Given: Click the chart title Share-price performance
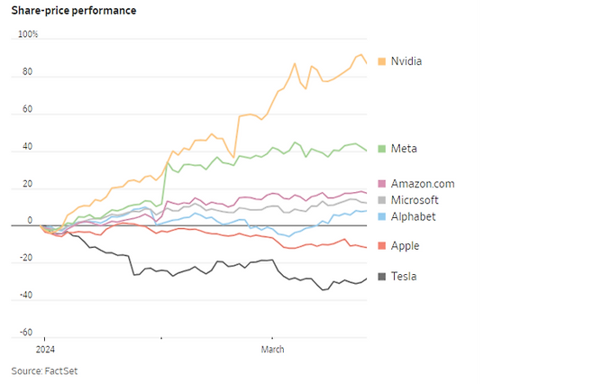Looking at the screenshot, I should [x=74, y=10].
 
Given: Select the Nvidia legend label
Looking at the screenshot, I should [x=406, y=61].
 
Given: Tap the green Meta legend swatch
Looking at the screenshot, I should [x=382, y=148].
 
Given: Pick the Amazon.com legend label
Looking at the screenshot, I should [x=423, y=184].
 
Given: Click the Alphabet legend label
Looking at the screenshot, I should [x=413, y=216].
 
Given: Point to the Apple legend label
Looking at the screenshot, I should [x=405, y=245].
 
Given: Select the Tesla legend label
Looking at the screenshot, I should [x=404, y=277].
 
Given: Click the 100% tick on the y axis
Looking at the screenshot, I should [x=28, y=34].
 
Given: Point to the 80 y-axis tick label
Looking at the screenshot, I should [x=27, y=72].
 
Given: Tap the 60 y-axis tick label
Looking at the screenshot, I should [x=27, y=110].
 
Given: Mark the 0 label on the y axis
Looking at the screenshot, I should [x=29, y=219].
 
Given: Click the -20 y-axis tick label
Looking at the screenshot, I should [x=25, y=258].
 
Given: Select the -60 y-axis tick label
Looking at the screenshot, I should [x=25, y=333].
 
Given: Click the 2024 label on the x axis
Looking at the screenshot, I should [x=46, y=349].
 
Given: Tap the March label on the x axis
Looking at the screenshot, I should [x=273, y=349].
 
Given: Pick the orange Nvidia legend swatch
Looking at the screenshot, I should [x=382, y=61].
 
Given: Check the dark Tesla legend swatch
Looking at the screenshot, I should [x=382, y=277].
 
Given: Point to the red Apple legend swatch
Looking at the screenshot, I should [x=382, y=245].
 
